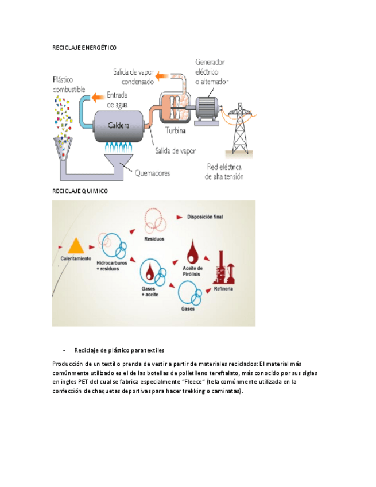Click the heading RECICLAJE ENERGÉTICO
(x=84, y=48)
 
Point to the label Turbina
(x=176, y=130)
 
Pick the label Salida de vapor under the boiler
(x=175, y=151)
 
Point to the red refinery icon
(x=223, y=268)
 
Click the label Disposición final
(x=204, y=217)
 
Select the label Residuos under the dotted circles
(x=154, y=238)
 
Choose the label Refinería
(x=223, y=288)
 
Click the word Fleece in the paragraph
(x=191, y=381)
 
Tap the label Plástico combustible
(x=69, y=85)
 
